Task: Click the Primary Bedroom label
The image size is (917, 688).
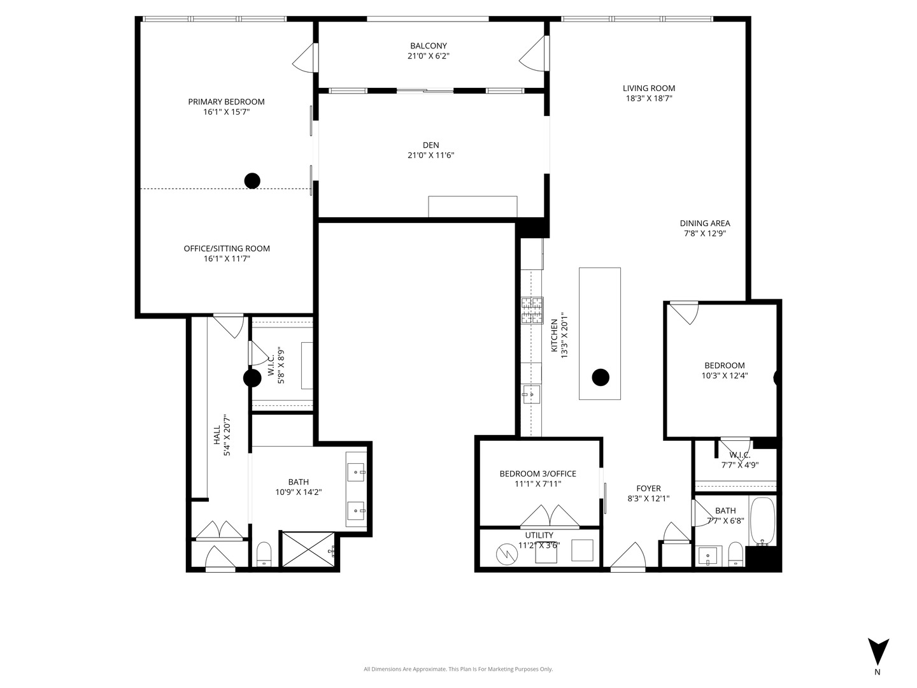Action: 226,102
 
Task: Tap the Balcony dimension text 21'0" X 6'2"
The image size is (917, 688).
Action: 428,56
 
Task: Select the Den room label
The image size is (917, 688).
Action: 430,145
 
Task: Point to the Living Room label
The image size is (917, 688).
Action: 648,89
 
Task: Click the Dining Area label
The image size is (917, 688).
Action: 704,224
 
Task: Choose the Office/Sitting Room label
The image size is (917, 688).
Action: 227,248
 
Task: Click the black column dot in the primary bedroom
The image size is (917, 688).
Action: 252,181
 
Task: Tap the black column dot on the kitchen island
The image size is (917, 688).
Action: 600,377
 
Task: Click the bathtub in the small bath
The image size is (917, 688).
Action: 762,522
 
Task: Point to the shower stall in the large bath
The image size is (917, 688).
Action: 308,549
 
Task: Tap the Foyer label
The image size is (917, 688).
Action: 648,489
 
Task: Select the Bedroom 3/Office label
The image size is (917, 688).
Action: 537,474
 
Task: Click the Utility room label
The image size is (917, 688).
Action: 539,535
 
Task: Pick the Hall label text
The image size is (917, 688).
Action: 217,435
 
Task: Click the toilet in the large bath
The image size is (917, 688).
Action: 264,553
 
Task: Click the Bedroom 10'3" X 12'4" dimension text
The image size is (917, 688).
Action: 724,376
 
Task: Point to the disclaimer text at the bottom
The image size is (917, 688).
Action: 458,669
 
